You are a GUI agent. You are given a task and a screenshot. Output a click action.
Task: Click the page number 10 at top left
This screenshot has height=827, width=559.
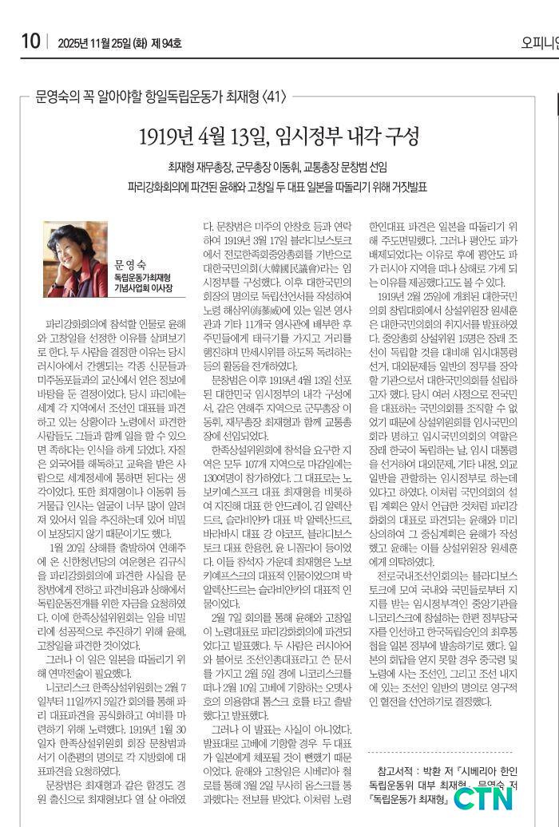point(30,42)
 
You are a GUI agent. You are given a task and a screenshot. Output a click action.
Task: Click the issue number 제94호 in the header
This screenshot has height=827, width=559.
point(165,42)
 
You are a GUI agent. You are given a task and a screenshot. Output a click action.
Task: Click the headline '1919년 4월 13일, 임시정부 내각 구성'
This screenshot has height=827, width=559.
point(279,136)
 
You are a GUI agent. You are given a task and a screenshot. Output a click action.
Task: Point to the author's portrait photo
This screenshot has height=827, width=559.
point(75,259)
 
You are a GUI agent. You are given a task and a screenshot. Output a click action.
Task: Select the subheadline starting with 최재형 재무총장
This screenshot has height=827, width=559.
point(278,168)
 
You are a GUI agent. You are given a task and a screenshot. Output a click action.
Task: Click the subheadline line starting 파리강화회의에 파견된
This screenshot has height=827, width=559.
point(278,187)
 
